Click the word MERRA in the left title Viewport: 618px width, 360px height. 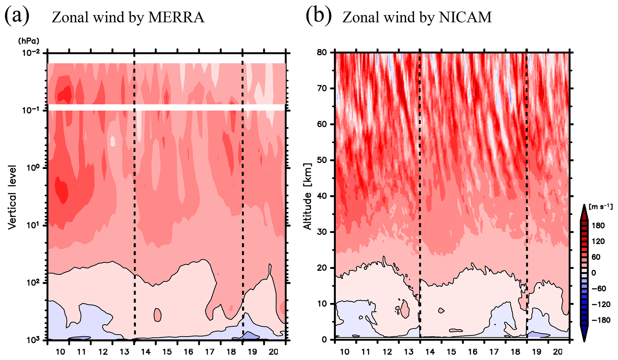pos(176,17)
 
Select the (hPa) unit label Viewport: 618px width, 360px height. pos(29,40)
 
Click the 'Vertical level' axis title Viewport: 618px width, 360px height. pos(12,197)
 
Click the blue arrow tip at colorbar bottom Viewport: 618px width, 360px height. pos(584,338)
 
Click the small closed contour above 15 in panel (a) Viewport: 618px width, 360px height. pos(158,315)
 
